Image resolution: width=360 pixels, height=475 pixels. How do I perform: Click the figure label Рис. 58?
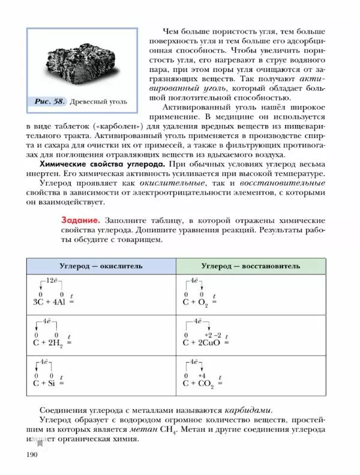tap(50, 101)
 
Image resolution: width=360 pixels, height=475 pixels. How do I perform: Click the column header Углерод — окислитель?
tap(100, 265)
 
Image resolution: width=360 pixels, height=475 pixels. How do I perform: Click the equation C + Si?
tap(45, 383)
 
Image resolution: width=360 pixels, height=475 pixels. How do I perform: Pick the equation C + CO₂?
tap(199, 383)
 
